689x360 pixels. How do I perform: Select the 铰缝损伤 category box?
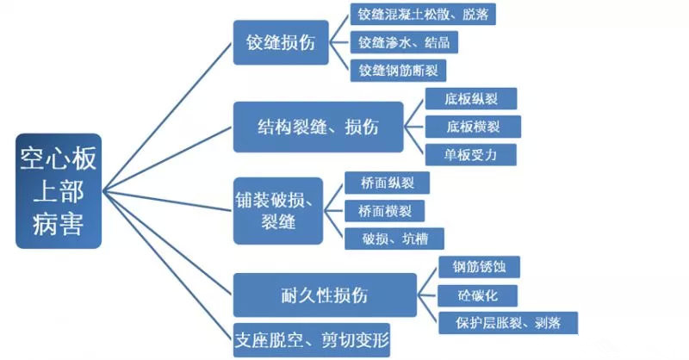(x=281, y=41)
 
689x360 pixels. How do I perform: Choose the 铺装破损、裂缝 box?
(x=277, y=210)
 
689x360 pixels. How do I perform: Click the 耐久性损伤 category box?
(x=325, y=295)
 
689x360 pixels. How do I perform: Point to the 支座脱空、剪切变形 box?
(x=311, y=338)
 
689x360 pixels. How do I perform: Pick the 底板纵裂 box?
(x=471, y=98)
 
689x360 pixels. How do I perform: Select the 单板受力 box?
(x=471, y=155)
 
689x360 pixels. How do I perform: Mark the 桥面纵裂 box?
(x=385, y=182)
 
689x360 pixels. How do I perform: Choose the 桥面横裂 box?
(x=384, y=209)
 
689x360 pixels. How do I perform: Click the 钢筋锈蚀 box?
(x=479, y=266)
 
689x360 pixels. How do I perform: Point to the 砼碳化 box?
(x=477, y=295)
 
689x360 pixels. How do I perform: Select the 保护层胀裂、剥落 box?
(x=506, y=323)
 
